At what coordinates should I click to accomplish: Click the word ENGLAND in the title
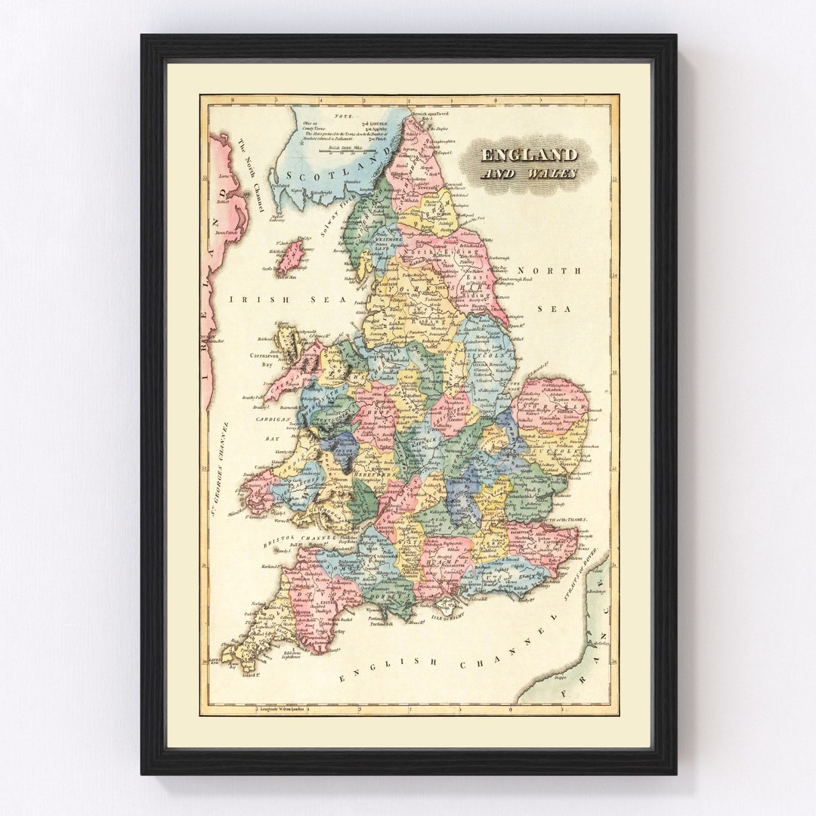530,156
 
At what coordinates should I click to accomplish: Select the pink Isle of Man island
289,257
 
